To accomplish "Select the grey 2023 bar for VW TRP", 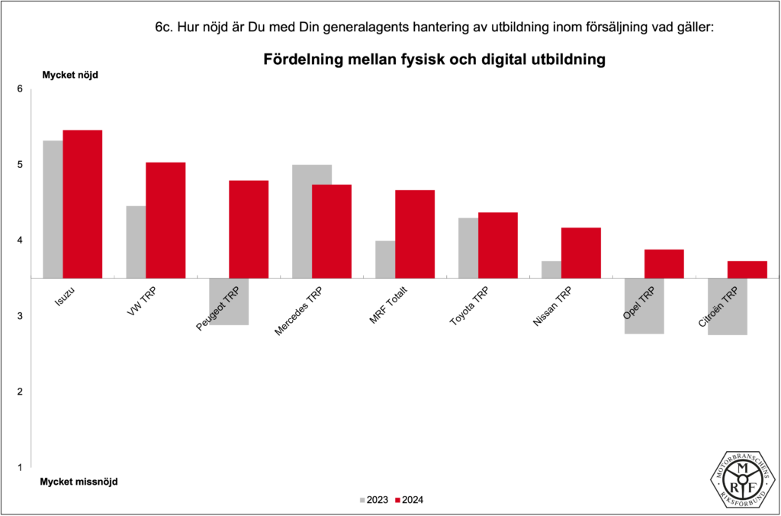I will (136, 242).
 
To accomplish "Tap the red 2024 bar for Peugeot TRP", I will (249, 229).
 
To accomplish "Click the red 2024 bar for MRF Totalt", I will (415, 234).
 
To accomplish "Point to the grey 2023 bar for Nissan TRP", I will (551, 269).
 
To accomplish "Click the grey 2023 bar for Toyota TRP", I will (468, 248).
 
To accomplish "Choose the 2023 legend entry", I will (373, 500).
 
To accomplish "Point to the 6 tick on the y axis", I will (21, 89).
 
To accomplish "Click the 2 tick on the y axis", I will (21, 392).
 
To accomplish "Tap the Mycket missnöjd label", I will (79, 482).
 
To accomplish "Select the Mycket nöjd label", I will (70, 75).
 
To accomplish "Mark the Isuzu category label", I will (64, 298).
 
